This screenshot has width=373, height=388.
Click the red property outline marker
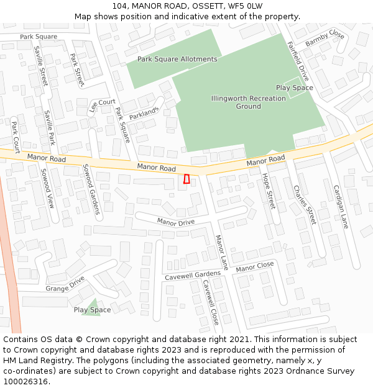[x=186, y=179]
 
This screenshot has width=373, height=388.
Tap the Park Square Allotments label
[x=177, y=59]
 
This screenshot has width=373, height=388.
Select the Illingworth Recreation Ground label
[x=248, y=102]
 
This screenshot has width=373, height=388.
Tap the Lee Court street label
[x=102, y=105]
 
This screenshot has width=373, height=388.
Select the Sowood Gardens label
[x=92, y=189]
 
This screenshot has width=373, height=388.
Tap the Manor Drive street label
[x=175, y=222]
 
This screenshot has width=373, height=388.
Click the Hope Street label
[x=268, y=191]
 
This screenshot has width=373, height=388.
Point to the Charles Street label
[x=305, y=205]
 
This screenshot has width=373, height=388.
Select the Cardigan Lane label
[x=341, y=207]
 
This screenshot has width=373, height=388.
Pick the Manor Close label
[x=255, y=266]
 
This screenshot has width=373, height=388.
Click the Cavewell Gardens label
[x=193, y=276]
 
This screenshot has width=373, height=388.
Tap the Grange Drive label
[x=65, y=284]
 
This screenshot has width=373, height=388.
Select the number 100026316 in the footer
[x=25, y=382]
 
